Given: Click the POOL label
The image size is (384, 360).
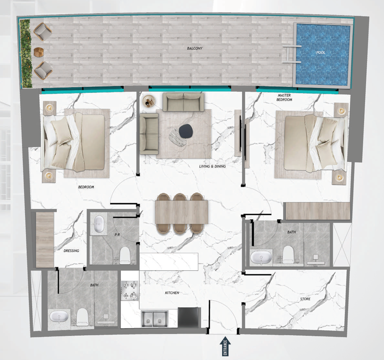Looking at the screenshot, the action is (x=320, y=53).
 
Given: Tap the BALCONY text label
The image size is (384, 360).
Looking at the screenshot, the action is (x=195, y=49).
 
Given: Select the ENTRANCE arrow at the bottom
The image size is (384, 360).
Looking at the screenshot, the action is (x=225, y=346).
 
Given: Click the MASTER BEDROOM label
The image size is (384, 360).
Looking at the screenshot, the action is (x=284, y=98).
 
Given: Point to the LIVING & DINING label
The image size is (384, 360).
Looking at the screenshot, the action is (x=212, y=167).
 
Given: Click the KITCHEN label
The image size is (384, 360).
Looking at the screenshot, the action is (x=172, y=293).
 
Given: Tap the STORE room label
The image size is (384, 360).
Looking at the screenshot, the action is (x=305, y=299).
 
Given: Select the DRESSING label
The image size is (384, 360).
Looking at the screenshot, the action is (x=71, y=250).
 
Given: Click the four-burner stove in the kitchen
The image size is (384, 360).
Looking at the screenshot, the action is (x=130, y=291).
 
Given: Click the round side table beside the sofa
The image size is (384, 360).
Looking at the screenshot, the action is (x=149, y=101).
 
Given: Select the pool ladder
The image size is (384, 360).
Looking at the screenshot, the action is (x=292, y=54).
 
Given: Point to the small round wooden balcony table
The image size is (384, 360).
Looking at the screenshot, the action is (x=39, y=52).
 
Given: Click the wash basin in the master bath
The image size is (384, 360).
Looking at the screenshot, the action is (x=261, y=258).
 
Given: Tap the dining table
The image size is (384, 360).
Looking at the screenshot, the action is (x=182, y=212).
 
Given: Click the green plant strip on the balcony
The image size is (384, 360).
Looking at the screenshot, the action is (x=26, y=53).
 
